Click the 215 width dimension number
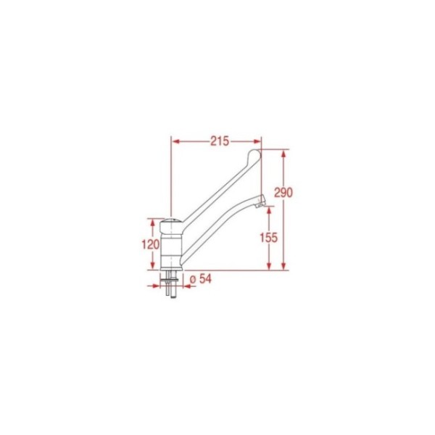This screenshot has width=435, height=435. point(220,141)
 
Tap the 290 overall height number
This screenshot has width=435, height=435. point(283,193)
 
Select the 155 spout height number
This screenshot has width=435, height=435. point(268,238)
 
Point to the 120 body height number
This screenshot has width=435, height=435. point(151,245)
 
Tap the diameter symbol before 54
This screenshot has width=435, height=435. point(193,280)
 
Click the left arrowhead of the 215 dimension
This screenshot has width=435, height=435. point(175,141)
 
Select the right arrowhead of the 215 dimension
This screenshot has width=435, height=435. point(257,141)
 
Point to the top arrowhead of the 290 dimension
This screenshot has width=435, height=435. point(283,154)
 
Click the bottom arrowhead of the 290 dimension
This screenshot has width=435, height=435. point(283,266)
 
